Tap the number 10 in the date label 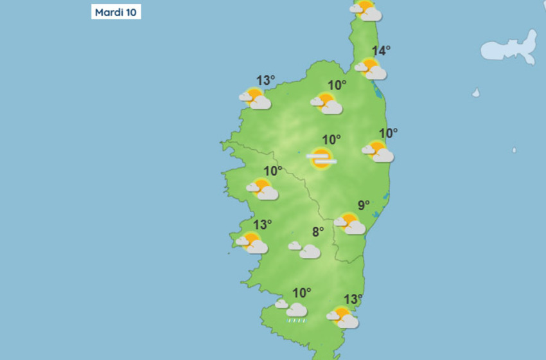coord(130,12)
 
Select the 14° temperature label coord(382,51)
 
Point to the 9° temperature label coord(364,206)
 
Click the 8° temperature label coord(318,233)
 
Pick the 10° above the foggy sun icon coord(331,139)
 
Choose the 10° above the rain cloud coord(301,292)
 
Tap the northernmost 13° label coord(265,80)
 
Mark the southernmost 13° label coord(353,300)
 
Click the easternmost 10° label coord(388,134)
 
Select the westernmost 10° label coord(273,171)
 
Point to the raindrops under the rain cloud coord(296,319)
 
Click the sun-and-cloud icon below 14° coord(371,69)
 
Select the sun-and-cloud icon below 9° coord(350,224)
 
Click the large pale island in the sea coord(510,50)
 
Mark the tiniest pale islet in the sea coord(514,150)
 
